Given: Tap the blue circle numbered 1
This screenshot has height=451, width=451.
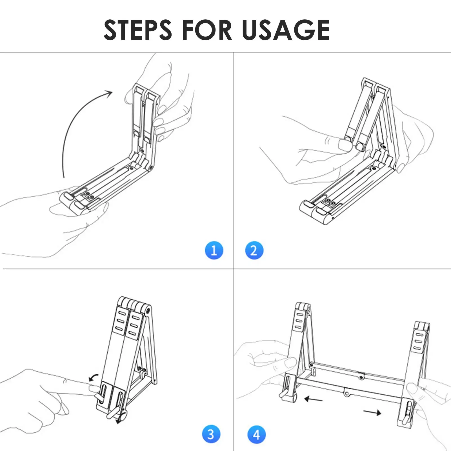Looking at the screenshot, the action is pos(214,250).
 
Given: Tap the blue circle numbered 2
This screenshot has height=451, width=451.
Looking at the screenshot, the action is pos(254,250).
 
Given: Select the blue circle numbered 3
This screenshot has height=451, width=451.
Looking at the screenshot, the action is pos(211,434).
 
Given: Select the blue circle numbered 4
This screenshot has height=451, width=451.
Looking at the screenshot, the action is pos(256,434).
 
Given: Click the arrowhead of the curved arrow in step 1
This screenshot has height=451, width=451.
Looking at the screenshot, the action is pos(108,94).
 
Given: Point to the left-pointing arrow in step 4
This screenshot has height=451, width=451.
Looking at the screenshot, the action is pos(313,399).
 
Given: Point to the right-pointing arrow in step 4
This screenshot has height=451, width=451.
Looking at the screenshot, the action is pos(372,413).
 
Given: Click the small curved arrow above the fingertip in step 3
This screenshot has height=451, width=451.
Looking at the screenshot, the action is pos(93,377).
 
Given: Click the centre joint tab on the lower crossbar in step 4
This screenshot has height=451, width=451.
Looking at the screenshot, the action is pos(347,392).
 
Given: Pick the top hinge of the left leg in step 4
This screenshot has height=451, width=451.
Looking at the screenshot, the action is pos(303,307).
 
